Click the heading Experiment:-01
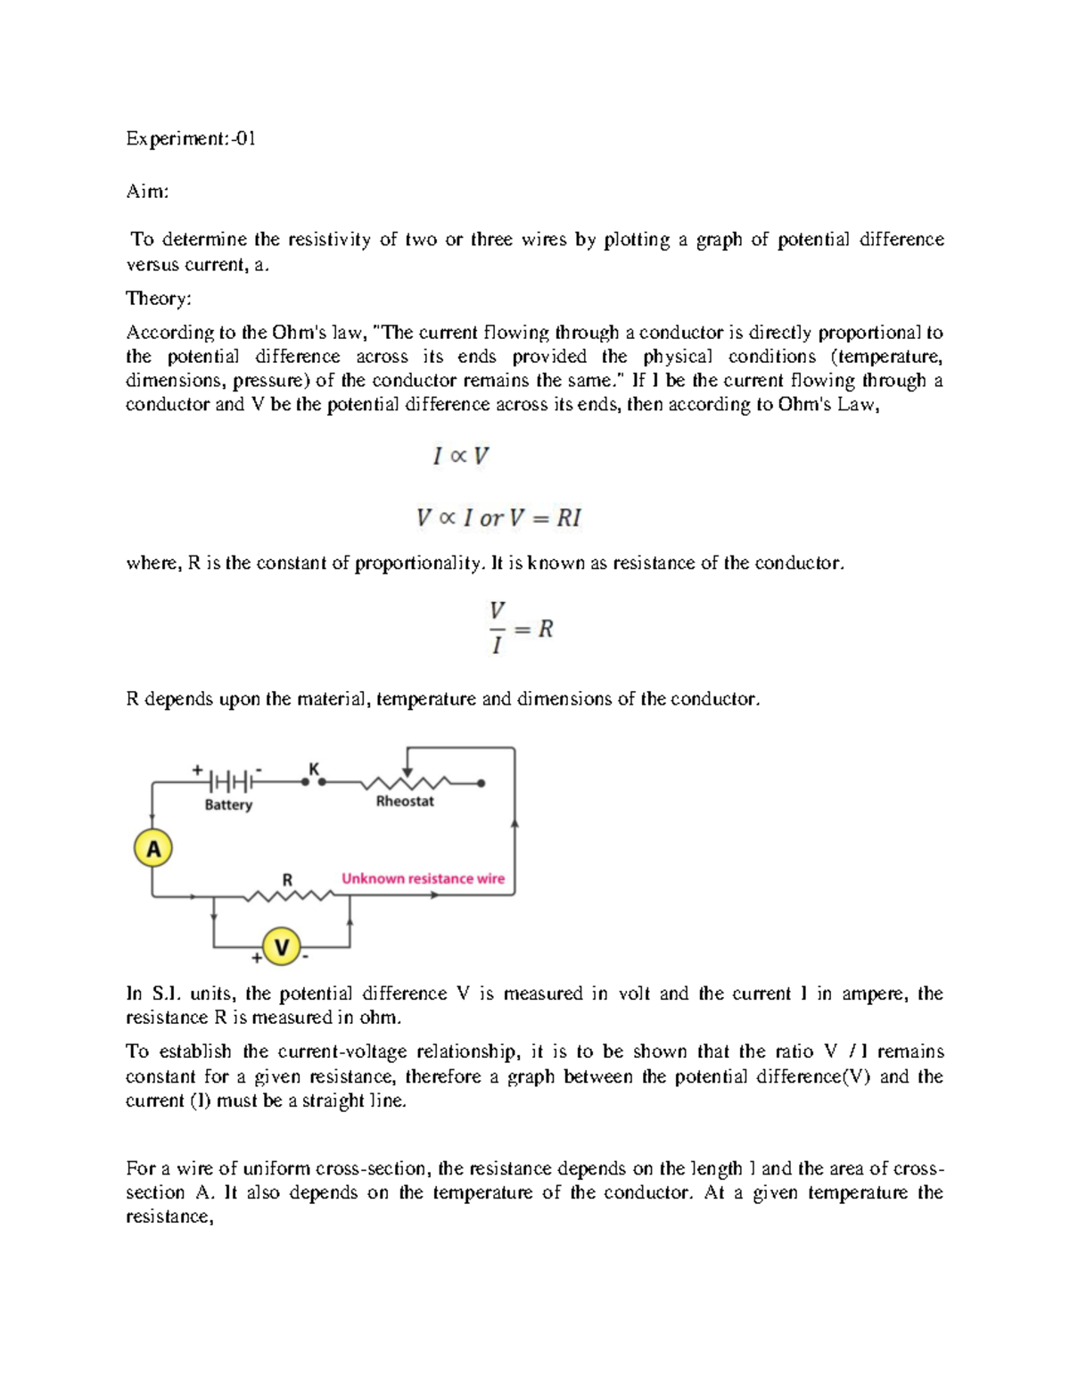point(191,139)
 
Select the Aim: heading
point(147,192)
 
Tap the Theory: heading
point(159,298)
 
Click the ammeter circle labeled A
point(153,849)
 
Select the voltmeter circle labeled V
point(282,947)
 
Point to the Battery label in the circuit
point(228,805)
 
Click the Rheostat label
point(405,802)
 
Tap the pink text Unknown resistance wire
point(423,878)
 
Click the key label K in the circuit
point(313,768)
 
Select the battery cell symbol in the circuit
point(229,782)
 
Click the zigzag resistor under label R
point(288,895)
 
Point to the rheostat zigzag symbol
point(406,783)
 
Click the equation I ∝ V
point(461,457)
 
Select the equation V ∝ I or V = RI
point(499,518)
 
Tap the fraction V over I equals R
point(521,629)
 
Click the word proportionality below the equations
point(418,564)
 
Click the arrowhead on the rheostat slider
point(407,772)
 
